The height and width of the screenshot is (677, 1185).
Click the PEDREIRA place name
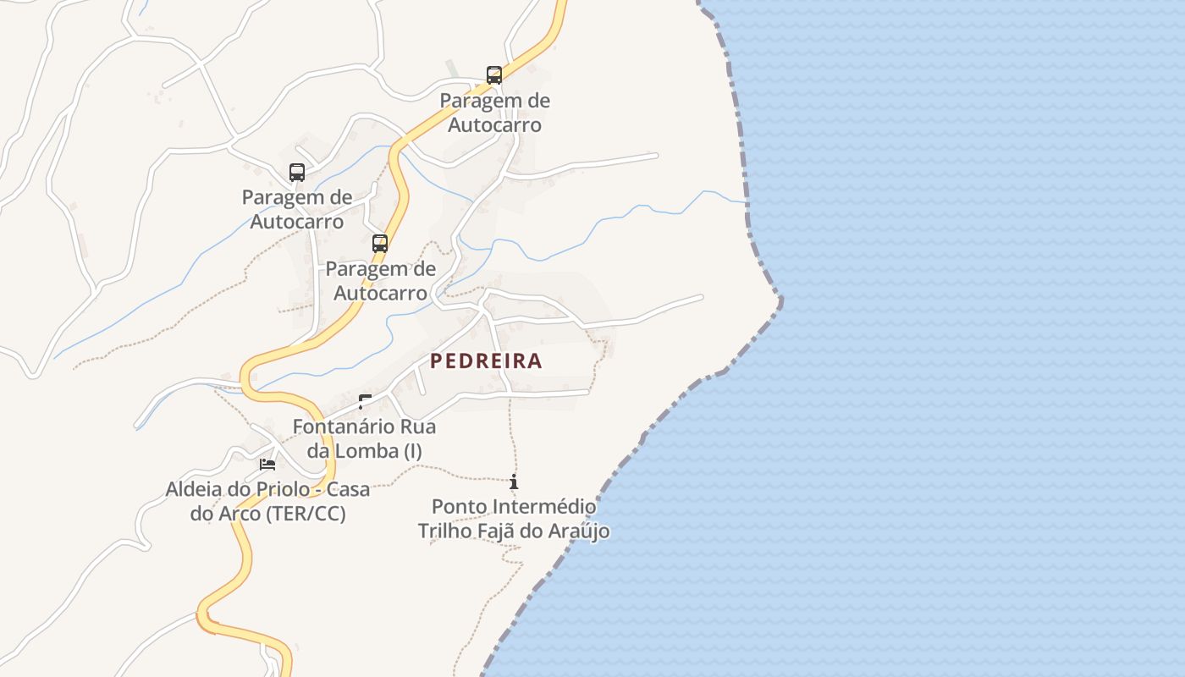[x=486, y=361]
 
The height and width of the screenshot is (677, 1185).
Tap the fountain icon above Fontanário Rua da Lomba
[x=365, y=402]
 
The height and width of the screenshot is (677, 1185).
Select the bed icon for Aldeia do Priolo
[x=267, y=464]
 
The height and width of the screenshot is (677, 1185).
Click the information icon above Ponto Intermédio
[x=514, y=482]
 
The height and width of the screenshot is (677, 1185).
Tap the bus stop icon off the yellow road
[x=296, y=173]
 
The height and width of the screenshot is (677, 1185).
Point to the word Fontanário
[x=335, y=427]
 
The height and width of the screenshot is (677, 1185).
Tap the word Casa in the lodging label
[x=348, y=489]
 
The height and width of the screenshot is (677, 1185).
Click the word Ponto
[x=460, y=507]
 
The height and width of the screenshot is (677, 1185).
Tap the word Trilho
[x=444, y=531]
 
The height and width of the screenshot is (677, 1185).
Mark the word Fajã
[x=504, y=531]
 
